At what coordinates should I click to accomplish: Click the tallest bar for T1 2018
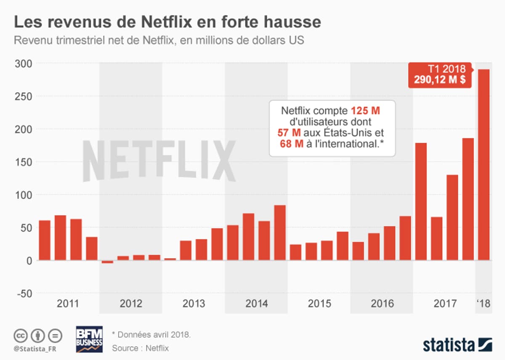tap(484, 165)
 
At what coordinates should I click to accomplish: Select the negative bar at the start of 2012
tap(107, 262)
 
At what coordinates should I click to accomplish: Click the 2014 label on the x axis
tap(256, 304)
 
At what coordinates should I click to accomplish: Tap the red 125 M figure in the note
tap(365, 112)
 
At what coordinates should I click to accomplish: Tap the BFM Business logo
tap(89, 339)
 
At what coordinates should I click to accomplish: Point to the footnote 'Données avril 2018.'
tap(151, 335)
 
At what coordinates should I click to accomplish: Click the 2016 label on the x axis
tap(382, 304)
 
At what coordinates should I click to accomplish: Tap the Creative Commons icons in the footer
tap(38, 336)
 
